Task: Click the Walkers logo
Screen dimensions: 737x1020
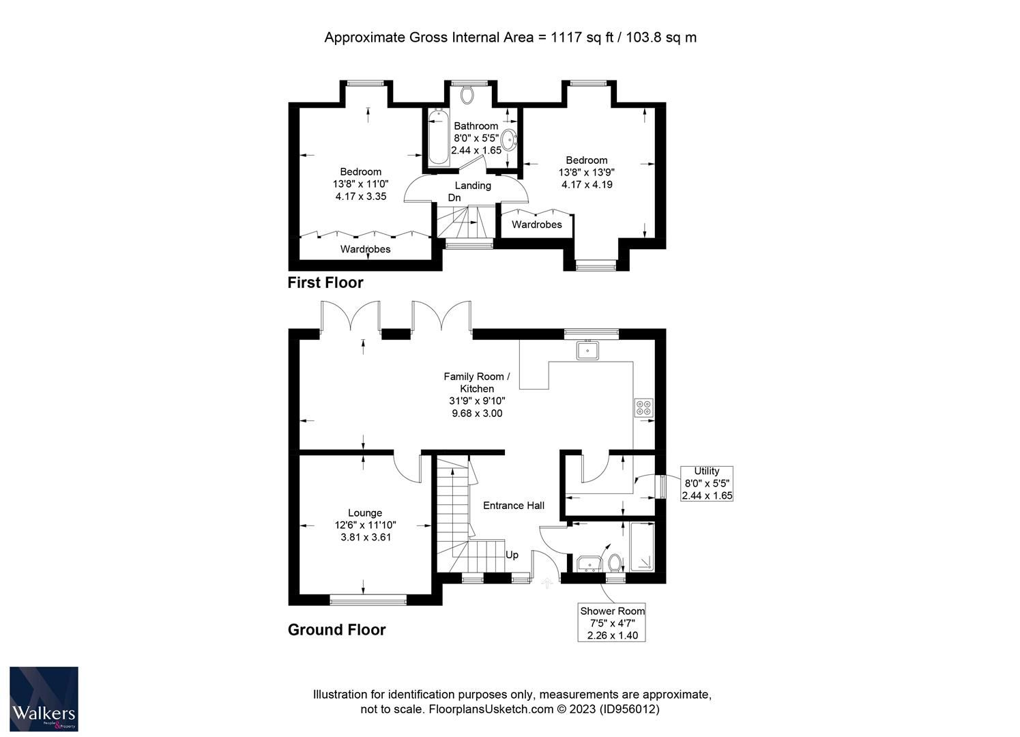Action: click(x=44, y=698)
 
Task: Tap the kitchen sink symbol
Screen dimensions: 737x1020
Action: click(x=587, y=351)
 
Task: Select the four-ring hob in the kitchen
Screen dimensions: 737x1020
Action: click(x=643, y=407)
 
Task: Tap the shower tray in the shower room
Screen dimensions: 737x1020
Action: click(x=641, y=547)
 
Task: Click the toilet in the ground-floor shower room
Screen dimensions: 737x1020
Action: click(x=614, y=564)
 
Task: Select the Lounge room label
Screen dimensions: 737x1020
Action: click(x=365, y=513)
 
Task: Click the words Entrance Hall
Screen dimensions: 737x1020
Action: click(x=514, y=506)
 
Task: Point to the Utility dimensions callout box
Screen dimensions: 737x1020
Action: click(x=707, y=483)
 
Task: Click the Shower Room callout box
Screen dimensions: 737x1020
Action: click(x=612, y=622)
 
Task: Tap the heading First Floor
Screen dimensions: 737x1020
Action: click(x=325, y=283)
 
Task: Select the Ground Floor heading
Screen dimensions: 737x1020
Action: click(x=337, y=630)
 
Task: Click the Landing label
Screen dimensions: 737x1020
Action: click(x=473, y=186)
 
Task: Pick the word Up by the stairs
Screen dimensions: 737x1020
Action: click(x=512, y=555)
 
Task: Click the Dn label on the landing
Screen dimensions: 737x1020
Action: click(x=454, y=198)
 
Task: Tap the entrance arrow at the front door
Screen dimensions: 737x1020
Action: click(x=546, y=583)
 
